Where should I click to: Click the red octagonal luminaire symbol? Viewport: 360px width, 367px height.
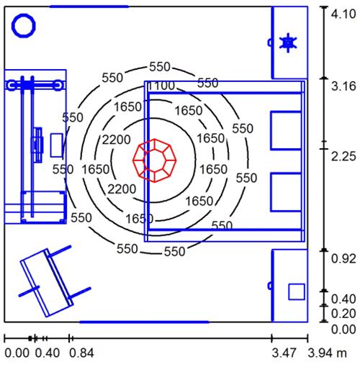pos(155,160)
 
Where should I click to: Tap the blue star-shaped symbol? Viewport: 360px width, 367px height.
pos(288,42)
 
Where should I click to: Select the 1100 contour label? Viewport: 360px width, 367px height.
pos(161,86)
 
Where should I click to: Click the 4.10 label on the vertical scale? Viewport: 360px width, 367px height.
pos(343,14)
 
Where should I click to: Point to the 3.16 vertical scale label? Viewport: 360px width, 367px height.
pos(343,86)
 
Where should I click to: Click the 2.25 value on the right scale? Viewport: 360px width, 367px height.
pos(343,156)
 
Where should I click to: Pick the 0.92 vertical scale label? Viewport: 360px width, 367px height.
pos(343,258)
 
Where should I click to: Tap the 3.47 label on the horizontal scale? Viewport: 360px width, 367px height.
pos(284,353)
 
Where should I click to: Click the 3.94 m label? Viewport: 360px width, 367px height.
pos(328,353)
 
